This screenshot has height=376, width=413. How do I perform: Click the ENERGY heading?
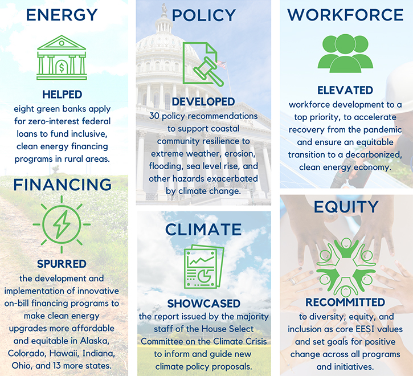(x=62, y=15)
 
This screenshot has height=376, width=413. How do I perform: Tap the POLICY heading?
(x=203, y=15)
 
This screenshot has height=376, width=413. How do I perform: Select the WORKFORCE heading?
(x=345, y=15)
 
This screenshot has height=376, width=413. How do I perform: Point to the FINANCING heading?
(x=63, y=185)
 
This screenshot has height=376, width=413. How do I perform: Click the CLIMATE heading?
(x=203, y=229)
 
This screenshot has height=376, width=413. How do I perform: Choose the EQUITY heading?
(x=346, y=207)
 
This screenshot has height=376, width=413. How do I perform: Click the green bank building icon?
(x=62, y=58)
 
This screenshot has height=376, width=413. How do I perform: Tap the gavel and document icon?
(x=203, y=64)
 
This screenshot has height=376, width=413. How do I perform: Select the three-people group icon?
(x=345, y=53)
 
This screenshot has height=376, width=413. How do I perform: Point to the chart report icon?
(x=204, y=267)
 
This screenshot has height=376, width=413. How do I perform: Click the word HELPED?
(x=62, y=95)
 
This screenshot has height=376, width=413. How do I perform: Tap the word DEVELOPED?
(x=203, y=102)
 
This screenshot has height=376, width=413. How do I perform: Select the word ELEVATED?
(x=345, y=91)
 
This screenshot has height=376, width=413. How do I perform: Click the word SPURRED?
(x=62, y=264)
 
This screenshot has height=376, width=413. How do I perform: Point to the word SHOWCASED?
(x=204, y=304)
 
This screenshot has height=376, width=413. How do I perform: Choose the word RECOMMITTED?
(x=345, y=303)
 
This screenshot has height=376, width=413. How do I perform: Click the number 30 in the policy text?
(x=154, y=116)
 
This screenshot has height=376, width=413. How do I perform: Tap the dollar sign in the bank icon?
(x=62, y=68)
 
